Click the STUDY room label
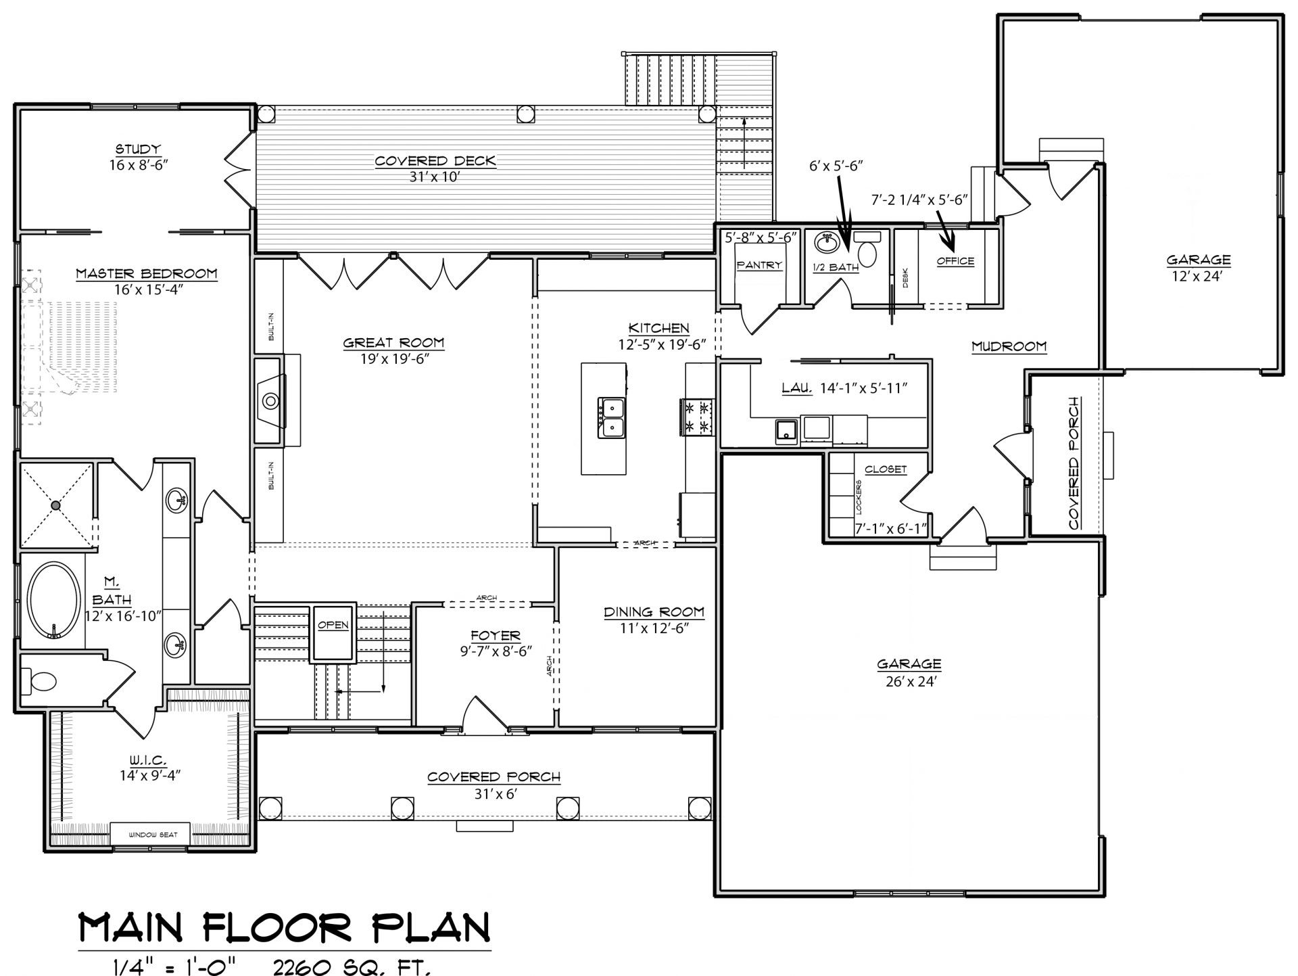[137, 149]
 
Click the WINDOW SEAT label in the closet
[153, 835]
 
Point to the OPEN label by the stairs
[333, 625]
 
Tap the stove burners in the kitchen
[696, 417]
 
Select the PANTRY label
[759, 265]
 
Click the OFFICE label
[955, 261]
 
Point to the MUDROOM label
[1009, 346]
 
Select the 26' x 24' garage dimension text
[909, 682]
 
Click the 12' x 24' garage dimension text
[1198, 276]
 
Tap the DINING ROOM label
[654, 612]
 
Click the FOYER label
[496, 636]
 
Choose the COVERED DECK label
[435, 161]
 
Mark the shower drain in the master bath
[56, 505]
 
